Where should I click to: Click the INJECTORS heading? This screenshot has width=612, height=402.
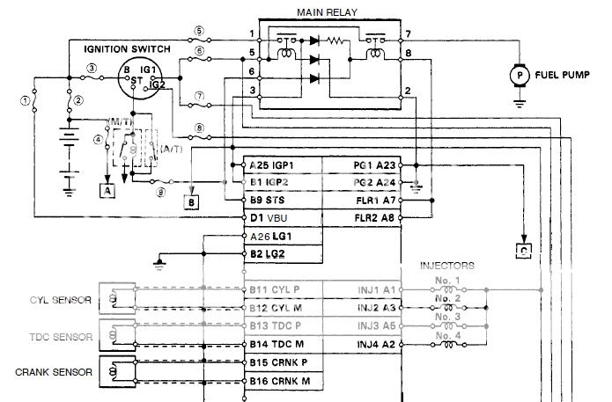[x=447, y=265]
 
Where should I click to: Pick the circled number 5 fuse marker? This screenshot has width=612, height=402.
[x=199, y=31]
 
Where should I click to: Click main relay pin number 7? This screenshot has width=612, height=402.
[x=408, y=34]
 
